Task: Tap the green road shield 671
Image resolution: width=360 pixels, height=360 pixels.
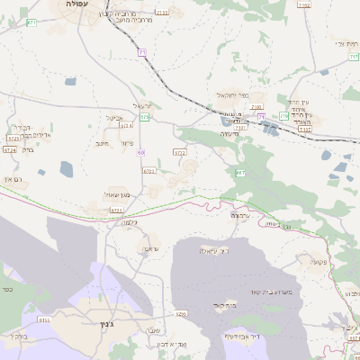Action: coord(32,22)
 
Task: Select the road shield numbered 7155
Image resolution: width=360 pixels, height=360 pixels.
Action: coord(161,13)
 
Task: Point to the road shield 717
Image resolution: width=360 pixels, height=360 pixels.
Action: coord(354,57)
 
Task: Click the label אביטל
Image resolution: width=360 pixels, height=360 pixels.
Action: coord(114,117)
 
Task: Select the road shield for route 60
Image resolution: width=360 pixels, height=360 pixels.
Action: coord(141,152)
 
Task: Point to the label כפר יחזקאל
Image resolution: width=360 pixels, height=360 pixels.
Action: coord(231,94)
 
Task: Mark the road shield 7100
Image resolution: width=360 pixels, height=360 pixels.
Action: coord(256,107)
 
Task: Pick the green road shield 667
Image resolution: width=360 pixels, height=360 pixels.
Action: coord(240,172)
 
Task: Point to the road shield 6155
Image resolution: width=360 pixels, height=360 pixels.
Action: coord(43,319)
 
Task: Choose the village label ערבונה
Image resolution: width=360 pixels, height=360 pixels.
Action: coord(238,216)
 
